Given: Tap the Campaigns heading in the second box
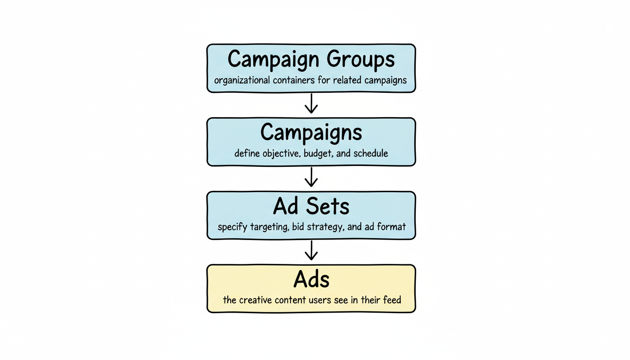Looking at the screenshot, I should [x=311, y=133].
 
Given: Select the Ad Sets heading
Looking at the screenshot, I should [x=311, y=206].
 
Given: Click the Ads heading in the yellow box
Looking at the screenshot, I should [x=311, y=280].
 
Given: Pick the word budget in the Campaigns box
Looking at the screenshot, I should [x=317, y=153].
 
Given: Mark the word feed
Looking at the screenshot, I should [x=391, y=300].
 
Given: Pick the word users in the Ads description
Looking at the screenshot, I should [x=322, y=300].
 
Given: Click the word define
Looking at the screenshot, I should [x=246, y=153].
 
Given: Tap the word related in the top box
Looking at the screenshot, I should [x=348, y=80].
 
